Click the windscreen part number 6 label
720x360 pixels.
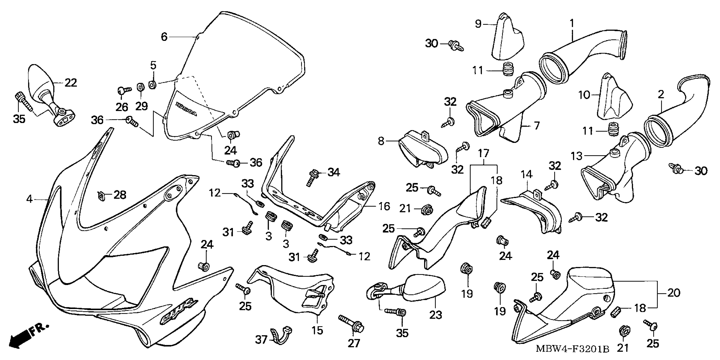(164, 37)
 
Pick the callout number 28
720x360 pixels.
(120, 195)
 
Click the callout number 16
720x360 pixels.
(384, 206)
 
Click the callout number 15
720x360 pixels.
(317, 331)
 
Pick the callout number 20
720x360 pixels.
(674, 293)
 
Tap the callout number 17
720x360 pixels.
(483, 153)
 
